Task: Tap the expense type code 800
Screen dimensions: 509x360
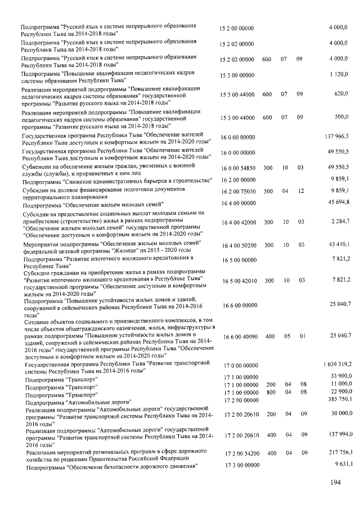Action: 268,391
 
